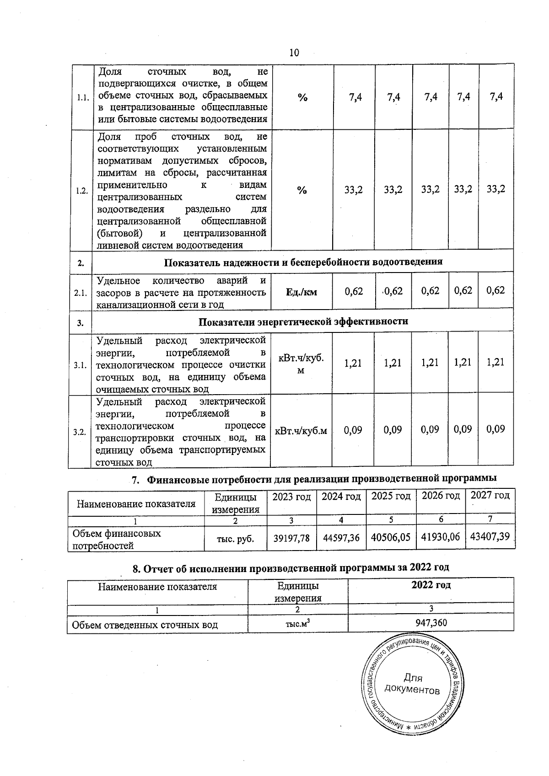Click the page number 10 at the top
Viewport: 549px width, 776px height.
294,53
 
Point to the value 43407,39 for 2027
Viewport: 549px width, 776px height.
490,536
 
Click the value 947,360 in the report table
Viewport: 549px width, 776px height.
431,623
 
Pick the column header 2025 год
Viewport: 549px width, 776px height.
391,496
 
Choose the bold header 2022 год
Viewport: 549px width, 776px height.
431,585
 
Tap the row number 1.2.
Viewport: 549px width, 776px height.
81,191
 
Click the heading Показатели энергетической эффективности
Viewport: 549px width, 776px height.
303,321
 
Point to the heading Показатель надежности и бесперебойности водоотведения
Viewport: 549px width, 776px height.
303,262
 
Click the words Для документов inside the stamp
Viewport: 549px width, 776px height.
413,684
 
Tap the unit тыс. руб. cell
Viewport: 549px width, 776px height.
235,539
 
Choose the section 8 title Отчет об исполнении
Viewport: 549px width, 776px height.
291,568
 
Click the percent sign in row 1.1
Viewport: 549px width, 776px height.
302,97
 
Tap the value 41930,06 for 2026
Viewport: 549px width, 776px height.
440,537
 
